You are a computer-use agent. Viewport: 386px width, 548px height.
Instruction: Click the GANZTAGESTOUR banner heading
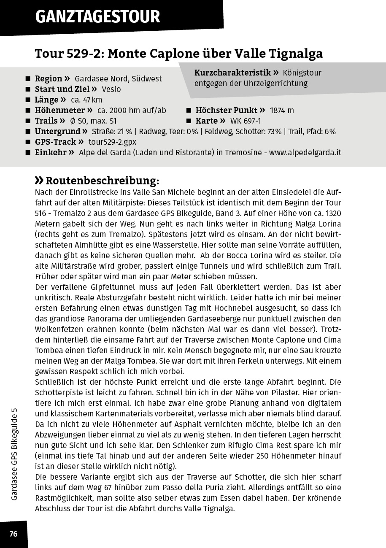(x=97, y=17)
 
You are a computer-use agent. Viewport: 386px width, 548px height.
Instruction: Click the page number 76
(x=13, y=534)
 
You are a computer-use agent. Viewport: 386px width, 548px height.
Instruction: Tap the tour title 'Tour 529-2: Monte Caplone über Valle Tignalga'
(x=178, y=54)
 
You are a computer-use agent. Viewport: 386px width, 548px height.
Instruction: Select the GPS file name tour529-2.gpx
(x=112, y=142)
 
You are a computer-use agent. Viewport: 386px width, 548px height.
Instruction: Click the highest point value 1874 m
(x=282, y=111)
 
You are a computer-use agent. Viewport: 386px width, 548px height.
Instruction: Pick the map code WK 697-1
(x=246, y=121)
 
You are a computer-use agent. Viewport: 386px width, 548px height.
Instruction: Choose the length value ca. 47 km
(x=86, y=100)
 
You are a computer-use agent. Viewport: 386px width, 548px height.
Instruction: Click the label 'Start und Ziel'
(x=62, y=89)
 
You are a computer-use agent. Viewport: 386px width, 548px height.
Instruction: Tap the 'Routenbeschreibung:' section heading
(x=102, y=181)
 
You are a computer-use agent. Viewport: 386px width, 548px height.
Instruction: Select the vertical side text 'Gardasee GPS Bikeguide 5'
(x=14, y=454)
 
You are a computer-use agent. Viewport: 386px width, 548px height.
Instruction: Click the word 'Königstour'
(x=302, y=73)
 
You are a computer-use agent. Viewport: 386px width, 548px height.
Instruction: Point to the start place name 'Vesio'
(x=111, y=89)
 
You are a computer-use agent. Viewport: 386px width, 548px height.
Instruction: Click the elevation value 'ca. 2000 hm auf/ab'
(x=132, y=111)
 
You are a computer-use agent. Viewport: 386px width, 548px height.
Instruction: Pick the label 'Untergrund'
(x=57, y=132)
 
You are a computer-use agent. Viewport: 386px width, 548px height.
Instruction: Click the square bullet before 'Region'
(x=28, y=79)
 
